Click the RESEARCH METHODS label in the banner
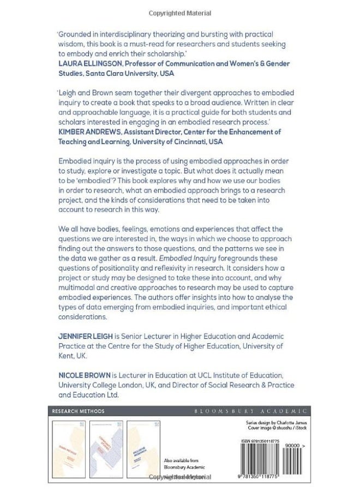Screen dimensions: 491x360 tap(78, 411)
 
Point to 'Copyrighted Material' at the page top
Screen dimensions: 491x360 tap(179, 13)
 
